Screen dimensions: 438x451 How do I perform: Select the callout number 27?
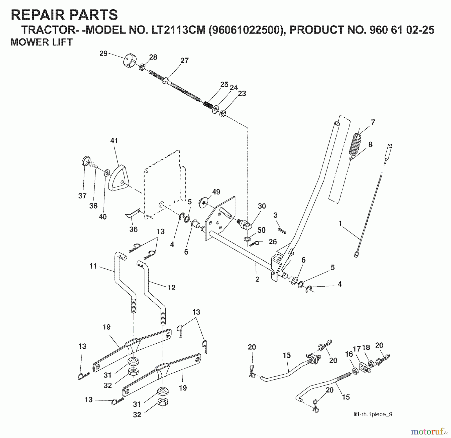pyautogui.click(x=184, y=61)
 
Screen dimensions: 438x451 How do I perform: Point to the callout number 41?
pyautogui.click(x=114, y=141)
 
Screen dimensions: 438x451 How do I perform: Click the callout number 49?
pyautogui.click(x=216, y=192)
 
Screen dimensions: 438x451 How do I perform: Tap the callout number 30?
pyautogui.click(x=262, y=206)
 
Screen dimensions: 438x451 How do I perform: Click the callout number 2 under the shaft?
pyautogui.click(x=257, y=279)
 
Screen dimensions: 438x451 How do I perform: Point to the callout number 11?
pyautogui.click(x=93, y=266)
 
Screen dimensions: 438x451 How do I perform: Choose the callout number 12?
pyautogui.click(x=171, y=288)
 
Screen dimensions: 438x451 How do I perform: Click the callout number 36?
pyautogui.click(x=133, y=229)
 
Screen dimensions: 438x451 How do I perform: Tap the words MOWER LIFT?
pyautogui.click(x=41, y=42)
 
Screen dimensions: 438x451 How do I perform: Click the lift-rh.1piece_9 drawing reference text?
pyautogui.click(x=373, y=414)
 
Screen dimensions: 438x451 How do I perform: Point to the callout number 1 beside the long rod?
pyautogui.click(x=340, y=224)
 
